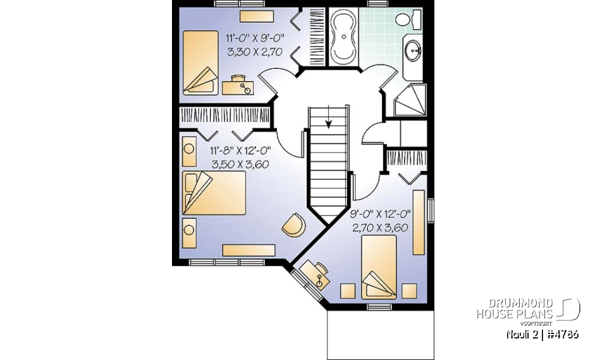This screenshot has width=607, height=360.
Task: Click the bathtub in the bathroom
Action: coord(345,36)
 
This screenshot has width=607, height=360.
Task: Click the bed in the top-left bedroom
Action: coord(200,62)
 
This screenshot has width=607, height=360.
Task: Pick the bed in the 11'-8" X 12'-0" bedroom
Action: coord(214,192)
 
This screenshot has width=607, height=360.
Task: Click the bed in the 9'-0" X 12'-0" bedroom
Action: coord(379,266)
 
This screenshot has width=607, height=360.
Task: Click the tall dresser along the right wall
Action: coord(418,222)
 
